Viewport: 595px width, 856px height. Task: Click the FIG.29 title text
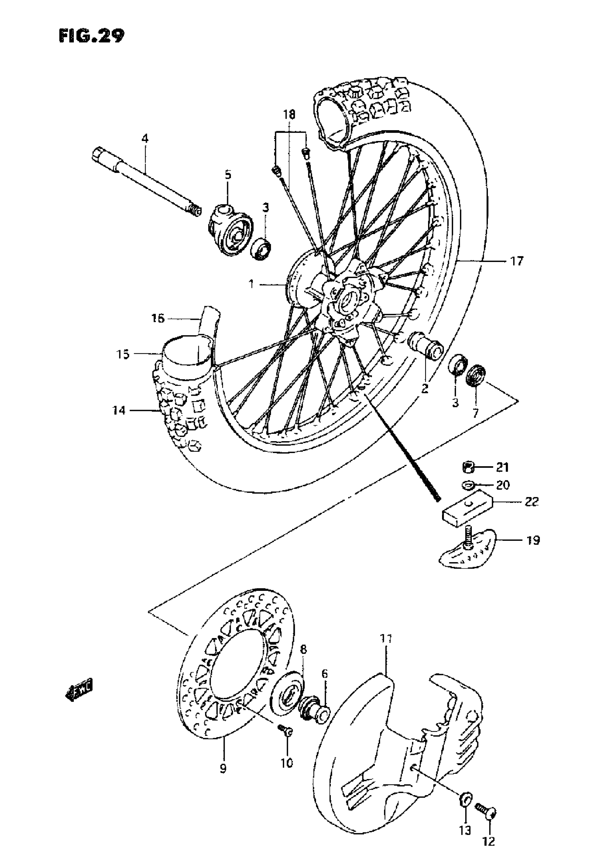pos(92,36)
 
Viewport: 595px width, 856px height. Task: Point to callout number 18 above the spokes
pos(289,114)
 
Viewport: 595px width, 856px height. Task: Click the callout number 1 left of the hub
pos(252,285)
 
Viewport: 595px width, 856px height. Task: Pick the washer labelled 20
pos(468,485)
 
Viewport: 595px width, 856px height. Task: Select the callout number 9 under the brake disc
pos(223,769)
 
